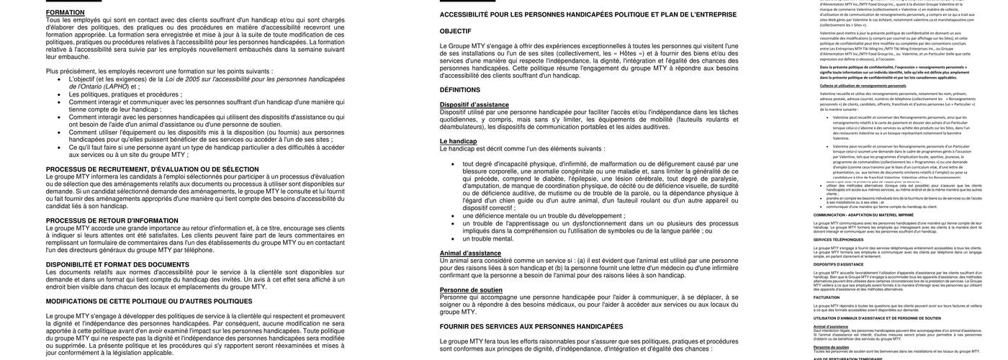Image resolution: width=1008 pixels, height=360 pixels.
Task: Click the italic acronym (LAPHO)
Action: pos(116,86)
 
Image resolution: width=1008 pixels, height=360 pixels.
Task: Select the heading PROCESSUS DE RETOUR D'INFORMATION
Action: pos(112,220)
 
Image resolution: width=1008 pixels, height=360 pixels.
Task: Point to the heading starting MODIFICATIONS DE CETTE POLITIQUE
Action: pos(149,301)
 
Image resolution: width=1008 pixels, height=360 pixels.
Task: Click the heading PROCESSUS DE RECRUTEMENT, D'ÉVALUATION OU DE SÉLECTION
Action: pos(152,169)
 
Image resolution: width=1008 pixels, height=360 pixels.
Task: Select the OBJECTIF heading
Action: pos(455,31)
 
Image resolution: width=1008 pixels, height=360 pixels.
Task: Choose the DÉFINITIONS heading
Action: pos(460,90)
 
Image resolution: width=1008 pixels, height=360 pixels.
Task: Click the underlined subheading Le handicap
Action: pos(458,141)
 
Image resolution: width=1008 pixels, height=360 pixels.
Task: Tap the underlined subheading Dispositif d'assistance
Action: pos(474,104)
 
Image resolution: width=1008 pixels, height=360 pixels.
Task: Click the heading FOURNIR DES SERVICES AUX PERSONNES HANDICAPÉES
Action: pos(531,326)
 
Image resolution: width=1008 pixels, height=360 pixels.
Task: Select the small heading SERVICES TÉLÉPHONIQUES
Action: pos(839,240)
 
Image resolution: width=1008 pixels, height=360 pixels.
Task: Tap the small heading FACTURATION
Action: pos(827,297)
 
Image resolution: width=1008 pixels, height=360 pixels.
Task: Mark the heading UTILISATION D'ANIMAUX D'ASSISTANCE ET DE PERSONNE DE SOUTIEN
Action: pos(877,318)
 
